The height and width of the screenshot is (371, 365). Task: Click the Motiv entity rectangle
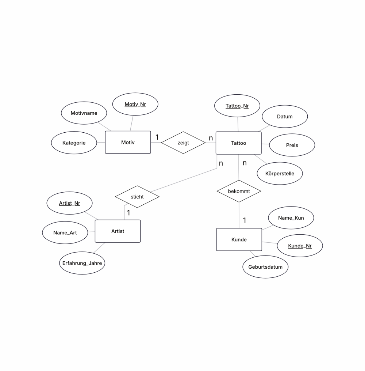click(x=128, y=142)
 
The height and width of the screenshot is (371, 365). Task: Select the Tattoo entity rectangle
click(x=239, y=143)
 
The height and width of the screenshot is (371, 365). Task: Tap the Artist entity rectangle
click(x=118, y=231)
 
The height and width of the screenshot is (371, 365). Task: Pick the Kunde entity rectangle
click(x=239, y=239)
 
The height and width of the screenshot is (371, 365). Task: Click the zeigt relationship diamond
click(x=183, y=143)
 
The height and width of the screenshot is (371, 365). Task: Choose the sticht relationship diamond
click(x=137, y=197)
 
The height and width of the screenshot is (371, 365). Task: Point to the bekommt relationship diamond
click(x=239, y=191)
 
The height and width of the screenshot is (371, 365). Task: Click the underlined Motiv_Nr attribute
click(x=135, y=104)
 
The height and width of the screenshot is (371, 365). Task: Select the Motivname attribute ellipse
click(x=84, y=113)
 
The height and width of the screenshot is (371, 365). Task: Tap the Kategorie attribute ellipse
click(x=74, y=143)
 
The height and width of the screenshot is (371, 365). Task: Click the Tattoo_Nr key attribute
click(x=237, y=106)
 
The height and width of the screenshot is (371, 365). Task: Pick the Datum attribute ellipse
click(x=285, y=116)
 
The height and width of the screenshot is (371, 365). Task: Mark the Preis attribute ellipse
click(x=292, y=145)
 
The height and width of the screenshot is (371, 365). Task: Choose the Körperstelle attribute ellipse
click(x=280, y=173)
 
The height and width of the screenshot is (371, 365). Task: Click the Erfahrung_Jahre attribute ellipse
click(x=82, y=263)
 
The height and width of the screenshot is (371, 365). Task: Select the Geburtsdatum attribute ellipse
click(x=265, y=267)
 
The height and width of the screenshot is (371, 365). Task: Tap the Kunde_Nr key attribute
click(x=300, y=246)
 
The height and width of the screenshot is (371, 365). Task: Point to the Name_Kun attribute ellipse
click(x=291, y=218)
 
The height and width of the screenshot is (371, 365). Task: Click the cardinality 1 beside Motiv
click(x=157, y=137)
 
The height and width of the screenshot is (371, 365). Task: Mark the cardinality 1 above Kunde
click(x=245, y=220)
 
